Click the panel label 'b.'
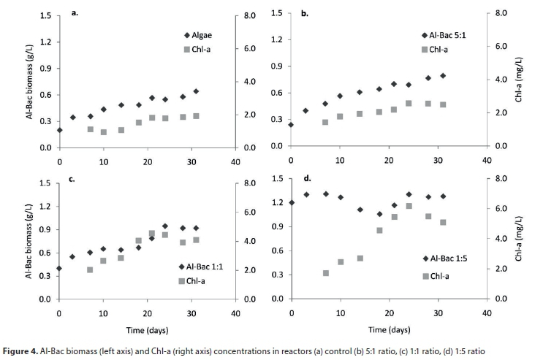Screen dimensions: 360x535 (x=305, y=13)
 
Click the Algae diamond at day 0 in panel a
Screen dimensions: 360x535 (x=59, y=130)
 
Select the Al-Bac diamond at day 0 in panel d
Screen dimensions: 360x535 (x=292, y=202)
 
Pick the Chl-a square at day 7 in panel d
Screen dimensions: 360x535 (x=326, y=273)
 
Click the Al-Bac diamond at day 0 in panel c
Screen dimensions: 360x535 (x=59, y=268)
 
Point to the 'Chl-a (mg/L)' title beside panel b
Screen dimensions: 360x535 (x=519, y=80)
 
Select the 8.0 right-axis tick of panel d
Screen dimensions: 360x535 (x=501, y=179)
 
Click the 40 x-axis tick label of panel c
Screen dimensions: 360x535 (x=235, y=314)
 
